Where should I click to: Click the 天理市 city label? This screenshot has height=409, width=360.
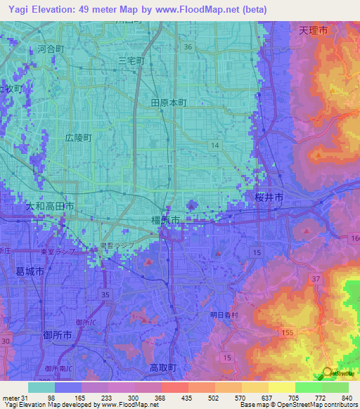pyautogui.click(x=313, y=31)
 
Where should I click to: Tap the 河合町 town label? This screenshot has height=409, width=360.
pyautogui.click(x=51, y=49)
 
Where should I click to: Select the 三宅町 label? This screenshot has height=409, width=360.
pyautogui.click(x=131, y=61)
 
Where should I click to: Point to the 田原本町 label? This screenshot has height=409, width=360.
pyautogui.click(x=169, y=103)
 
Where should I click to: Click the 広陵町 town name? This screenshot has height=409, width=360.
pyautogui.click(x=78, y=138)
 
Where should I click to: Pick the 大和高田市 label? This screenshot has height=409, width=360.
pyautogui.click(x=50, y=207)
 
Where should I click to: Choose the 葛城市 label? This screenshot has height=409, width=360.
pyautogui.click(x=30, y=271)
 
